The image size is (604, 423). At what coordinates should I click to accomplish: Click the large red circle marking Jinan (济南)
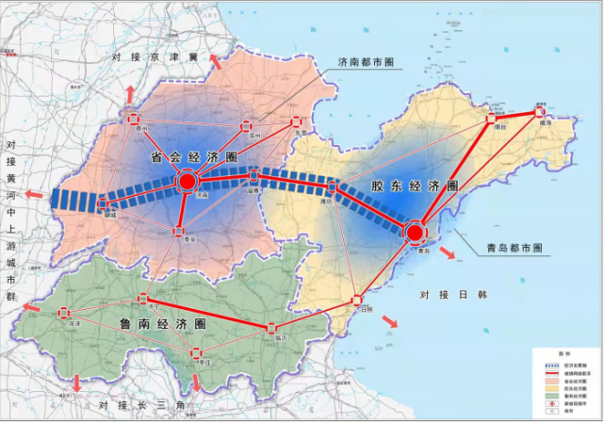[187, 182]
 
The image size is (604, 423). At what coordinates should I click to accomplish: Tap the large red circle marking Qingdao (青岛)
[415, 232]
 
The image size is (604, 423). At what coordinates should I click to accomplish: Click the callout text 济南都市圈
[367, 63]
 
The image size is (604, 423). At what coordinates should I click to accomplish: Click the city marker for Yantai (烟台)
[490, 120]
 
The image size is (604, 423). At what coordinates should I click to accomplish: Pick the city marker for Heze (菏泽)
[63, 314]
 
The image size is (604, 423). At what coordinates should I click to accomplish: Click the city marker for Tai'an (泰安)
[178, 230]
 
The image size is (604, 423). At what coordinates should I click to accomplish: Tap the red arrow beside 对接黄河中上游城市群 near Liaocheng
[35, 196]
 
